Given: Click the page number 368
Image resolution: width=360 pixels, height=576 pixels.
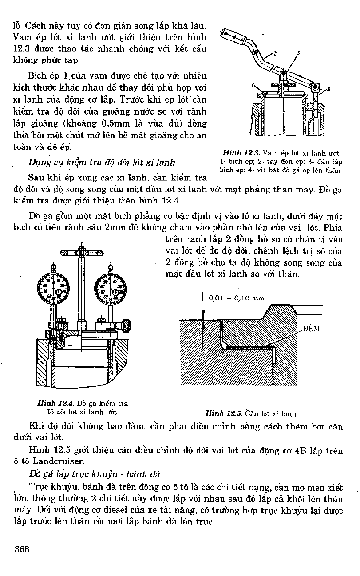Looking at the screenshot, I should pos(22,549).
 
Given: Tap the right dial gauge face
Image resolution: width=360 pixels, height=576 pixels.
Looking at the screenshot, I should pos(108,289).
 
